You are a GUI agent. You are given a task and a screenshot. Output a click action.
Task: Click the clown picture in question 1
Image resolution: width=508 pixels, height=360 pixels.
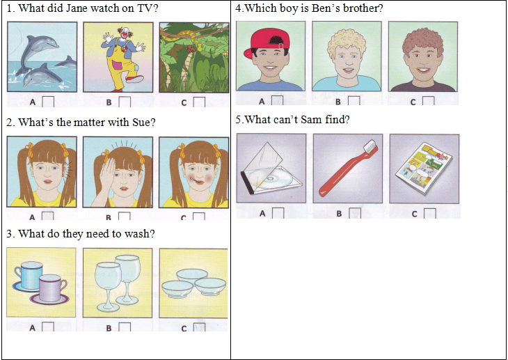pyautogui.click(x=118, y=57)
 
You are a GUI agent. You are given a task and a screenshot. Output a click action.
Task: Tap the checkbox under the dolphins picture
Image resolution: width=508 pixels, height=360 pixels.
pyautogui.click(x=48, y=102)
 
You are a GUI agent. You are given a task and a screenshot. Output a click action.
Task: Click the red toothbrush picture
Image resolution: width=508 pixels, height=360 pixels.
pyautogui.click(x=348, y=169)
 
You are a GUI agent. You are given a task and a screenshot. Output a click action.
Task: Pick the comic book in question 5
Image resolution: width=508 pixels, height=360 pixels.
pyautogui.click(x=424, y=169)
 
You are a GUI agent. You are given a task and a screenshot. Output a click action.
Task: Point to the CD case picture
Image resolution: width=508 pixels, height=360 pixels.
pyautogui.click(x=271, y=168)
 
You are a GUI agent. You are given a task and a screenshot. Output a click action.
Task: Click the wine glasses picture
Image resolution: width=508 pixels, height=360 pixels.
pyautogui.click(x=118, y=283)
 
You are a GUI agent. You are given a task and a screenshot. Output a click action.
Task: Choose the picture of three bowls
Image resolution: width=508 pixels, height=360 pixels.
pyautogui.click(x=193, y=283)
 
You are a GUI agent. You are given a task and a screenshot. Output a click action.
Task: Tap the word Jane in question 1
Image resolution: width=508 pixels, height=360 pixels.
pyautogui.click(x=77, y=8)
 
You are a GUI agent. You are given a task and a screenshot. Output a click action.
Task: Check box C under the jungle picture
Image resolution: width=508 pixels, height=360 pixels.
pyautogui.click(x=199, y=102)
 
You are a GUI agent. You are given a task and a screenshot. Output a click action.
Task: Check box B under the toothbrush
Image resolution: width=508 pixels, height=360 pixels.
pyautogui.click(x=355, y=213)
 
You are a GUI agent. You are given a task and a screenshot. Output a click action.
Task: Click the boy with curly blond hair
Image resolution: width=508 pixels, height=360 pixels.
pyautogui.click(x=347, y=56)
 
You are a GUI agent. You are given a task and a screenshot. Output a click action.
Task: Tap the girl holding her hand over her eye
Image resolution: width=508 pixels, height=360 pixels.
pyautogui.click(x=118, y=172)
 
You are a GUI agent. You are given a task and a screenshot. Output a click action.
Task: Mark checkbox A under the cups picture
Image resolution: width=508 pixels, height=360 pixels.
pyautogui.click(x=48, y=327)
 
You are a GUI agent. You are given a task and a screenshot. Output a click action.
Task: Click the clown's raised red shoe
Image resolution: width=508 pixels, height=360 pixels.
pyautogui.click(x=134, y=79)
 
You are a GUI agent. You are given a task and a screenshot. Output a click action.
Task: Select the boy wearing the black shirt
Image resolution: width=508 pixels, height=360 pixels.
pyautogui.click(x=423, y=56)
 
